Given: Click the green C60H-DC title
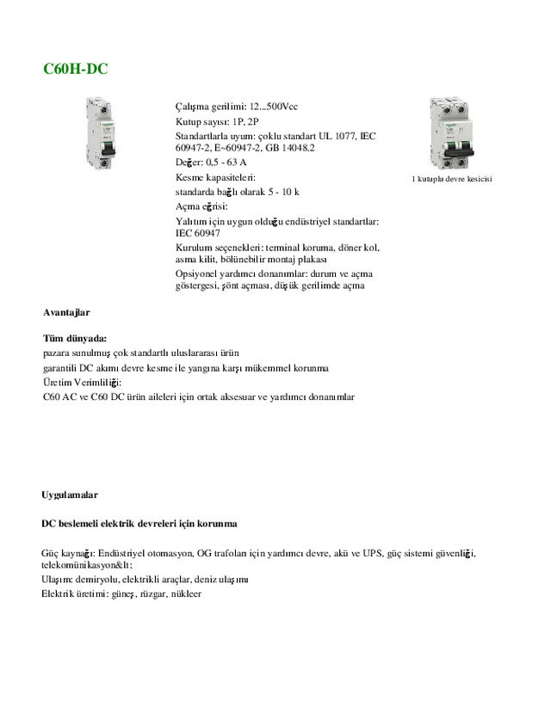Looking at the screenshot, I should (x=75, y=69).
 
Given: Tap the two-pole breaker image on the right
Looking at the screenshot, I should (x=452, y=133).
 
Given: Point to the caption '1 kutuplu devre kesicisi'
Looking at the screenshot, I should (x=452, y=179).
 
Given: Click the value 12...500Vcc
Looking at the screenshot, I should (x=274, y=107).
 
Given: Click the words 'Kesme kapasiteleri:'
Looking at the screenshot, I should (x=211, y=177).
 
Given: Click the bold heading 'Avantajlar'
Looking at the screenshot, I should (x=67, y=313).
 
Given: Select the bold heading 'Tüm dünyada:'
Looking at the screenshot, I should (x=75, y=339).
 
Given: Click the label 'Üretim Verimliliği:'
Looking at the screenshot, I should (x=82, y=382).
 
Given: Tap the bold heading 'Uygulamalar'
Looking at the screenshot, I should (x=70, y=496).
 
